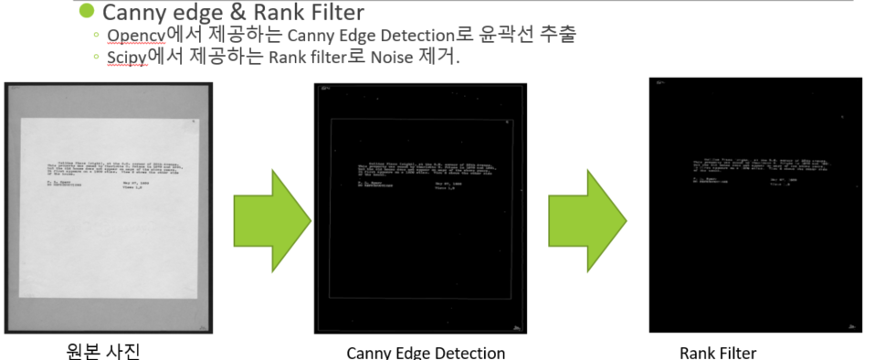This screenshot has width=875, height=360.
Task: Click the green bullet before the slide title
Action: [86, 12]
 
